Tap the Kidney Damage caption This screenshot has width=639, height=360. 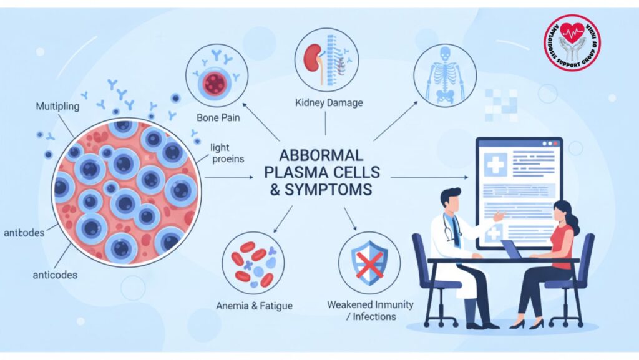[325, 102]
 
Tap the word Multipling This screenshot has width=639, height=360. [57, 106]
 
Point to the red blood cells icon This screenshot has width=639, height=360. [253, 262]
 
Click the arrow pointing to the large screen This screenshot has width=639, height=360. [431, 178]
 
